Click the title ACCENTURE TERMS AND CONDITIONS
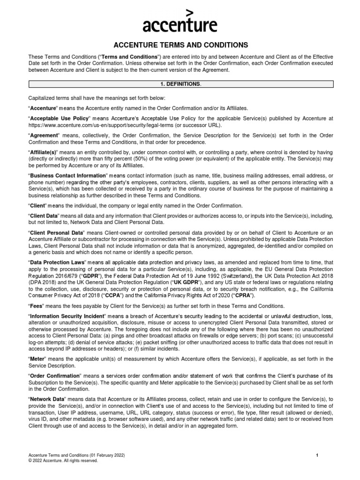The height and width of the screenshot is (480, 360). [x=180, y=45]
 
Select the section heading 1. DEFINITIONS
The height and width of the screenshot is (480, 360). [x=180, y=84]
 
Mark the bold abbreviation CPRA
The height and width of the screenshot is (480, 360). [x=241, y=296]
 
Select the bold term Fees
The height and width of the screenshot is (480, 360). [x=38, y=306]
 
